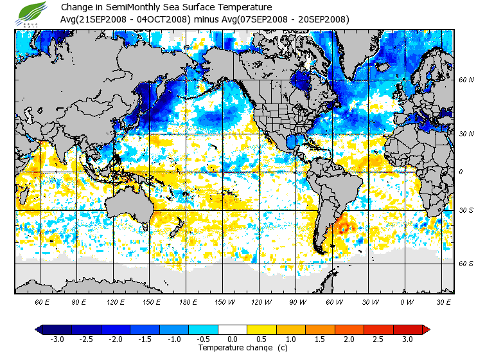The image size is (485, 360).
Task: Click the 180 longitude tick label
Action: tap(188, 301)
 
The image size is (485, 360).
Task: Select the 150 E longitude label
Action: tap(152, 301)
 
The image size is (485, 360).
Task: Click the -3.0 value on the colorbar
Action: tap(57, 339)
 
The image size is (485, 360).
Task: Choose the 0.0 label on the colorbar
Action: tap(233, 339)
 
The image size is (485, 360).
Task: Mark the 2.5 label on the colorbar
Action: tap(378, 339)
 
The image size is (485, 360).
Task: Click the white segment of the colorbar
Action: tap(233, 330)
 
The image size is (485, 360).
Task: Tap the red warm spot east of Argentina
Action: tap(344, 227)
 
